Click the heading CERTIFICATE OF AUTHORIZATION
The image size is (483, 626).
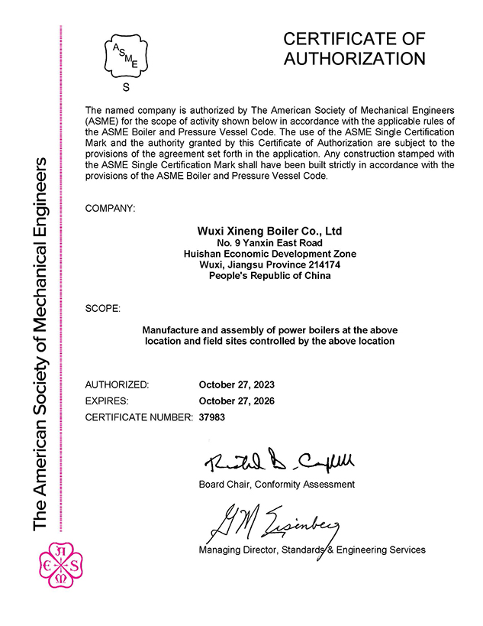click(x=353, y=49)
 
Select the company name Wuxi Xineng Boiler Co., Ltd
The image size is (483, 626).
click(x=269, y=230)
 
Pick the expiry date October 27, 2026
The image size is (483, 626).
click(x=236, y=401)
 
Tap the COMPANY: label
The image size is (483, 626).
click(x=111, y=208)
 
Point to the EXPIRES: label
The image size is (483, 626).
click(x=107, y=401)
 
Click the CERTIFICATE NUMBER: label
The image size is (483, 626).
click(x=138, y=417)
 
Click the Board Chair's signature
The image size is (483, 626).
click(x=279, y=460)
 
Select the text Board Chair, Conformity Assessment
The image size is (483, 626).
click(x=276, y=484)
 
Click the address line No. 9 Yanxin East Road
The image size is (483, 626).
click(x=269, y=242)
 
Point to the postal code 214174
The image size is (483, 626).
click(x=324, y=264)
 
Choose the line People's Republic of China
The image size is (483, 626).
click(x=269, y=275)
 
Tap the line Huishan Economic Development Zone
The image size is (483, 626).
click(x=269, y=254)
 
